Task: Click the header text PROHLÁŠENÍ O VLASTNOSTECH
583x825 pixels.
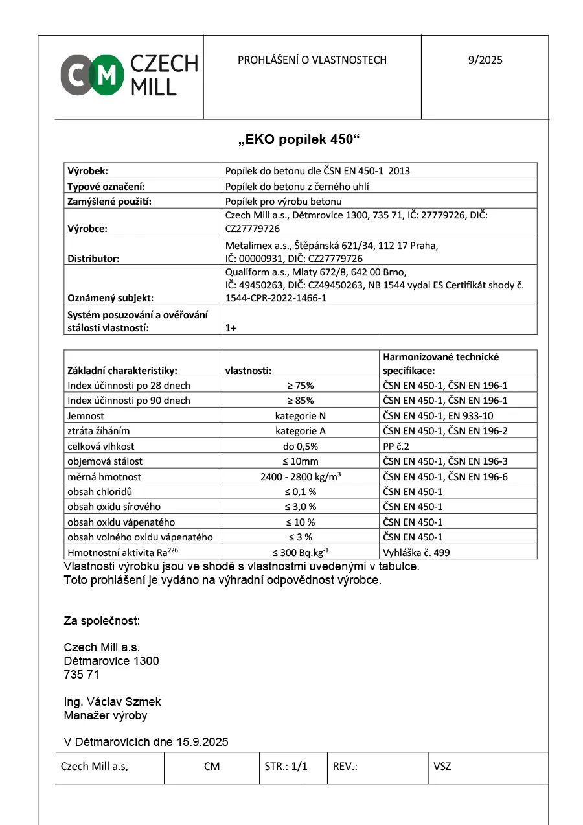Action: (312, 60)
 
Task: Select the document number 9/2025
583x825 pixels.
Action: (485, 60)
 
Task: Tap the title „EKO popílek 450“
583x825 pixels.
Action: (299, 139)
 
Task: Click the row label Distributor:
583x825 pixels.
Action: (94, 259)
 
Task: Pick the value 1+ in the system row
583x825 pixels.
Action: (231, 328)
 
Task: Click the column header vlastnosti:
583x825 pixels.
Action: (248, 371)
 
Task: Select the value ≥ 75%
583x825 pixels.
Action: (300, 385)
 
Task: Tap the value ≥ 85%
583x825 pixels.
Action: (300, 401)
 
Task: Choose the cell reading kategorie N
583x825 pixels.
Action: (300, 415)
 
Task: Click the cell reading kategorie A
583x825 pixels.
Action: (300, 431)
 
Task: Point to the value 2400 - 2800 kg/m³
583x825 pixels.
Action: (301, 476)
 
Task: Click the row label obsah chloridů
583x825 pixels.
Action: (100, 491)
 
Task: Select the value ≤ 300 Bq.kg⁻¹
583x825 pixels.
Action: (300, 552)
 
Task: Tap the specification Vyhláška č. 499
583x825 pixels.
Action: (417, 552)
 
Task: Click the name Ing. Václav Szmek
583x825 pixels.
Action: (113, 702)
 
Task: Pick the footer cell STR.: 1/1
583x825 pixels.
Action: (286, 766)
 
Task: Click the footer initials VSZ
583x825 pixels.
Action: (442, 766)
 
